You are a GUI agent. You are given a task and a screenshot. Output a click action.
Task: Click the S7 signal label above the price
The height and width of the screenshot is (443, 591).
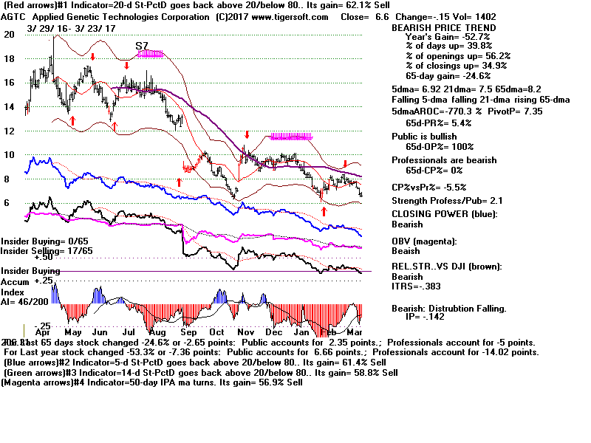[x=143, y=46]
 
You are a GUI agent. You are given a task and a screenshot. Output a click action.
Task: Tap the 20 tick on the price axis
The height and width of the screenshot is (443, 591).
[x=9, y=34]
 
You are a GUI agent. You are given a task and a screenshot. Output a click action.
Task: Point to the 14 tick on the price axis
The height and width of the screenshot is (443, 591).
[x=9, y=106]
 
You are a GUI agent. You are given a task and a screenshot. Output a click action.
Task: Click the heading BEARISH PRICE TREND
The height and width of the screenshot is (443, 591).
[x=443, y=27]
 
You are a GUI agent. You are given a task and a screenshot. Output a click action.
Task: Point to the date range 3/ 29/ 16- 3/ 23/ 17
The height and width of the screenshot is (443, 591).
[x=71, y=28]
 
